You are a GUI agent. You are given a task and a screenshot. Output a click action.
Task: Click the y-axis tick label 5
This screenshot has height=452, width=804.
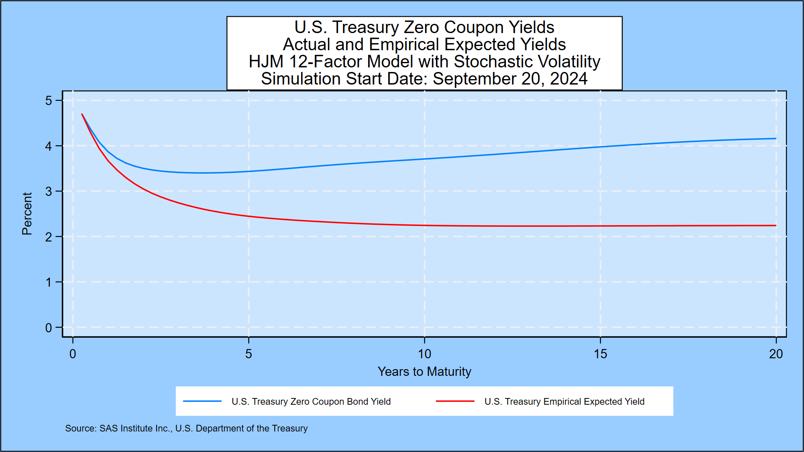click(x=49, y=101)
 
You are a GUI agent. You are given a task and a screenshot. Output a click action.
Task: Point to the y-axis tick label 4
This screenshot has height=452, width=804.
click(x=49, y=146)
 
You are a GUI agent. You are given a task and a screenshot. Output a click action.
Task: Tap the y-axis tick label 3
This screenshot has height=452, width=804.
click(x=49, y=192)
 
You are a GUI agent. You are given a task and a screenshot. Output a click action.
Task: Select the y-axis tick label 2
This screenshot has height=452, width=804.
click(x=49, y=237)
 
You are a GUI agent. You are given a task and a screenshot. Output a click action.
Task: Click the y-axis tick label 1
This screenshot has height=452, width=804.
click(x=49, y=282)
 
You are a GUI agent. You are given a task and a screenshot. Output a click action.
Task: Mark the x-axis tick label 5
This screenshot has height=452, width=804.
click(x=249, y=354)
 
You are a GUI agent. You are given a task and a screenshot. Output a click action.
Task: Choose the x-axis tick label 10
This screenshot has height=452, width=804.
click(x=424, y=354)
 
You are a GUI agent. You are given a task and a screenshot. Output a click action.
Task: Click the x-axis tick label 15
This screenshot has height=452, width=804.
click(x=600, y=354)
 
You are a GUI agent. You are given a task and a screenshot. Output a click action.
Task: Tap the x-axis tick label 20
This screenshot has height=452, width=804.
click(x=776, y=354)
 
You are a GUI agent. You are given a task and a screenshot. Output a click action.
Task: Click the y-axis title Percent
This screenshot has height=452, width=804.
click(x=27, y=213)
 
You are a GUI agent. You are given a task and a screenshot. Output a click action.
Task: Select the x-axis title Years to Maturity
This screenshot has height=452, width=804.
click(x=424, y=372)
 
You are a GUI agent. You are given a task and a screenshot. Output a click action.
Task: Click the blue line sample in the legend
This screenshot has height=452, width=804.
click(x=202, y=401)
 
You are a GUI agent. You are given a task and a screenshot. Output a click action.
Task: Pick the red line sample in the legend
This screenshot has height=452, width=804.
click(x=455, y=401)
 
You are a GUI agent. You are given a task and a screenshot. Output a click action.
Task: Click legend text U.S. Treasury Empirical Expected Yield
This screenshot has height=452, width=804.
click(x=564, y=402)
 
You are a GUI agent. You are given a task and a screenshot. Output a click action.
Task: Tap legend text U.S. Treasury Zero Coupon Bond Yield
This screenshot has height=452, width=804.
click(x=311, y=402)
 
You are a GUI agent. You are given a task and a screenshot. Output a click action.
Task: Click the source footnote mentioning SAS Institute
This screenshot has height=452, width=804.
click(x=186, y=429)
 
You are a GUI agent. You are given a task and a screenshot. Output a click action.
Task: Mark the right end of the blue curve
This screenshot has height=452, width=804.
click(x=776, y=139)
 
